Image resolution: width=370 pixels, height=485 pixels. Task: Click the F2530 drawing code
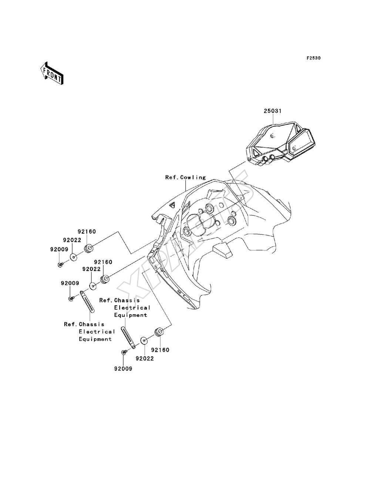(313, 58)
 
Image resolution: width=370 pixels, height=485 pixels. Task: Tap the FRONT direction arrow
(52, 73)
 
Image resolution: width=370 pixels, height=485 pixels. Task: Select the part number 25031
(273, 111)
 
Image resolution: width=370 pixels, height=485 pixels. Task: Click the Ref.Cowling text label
(185, 177)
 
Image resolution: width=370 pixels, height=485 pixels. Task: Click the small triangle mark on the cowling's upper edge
(172, 205)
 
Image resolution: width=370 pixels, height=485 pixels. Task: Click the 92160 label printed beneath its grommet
(160, 350)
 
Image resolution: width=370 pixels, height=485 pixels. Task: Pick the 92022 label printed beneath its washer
(145, 358)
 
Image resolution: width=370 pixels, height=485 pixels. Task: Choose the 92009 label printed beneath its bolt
(123, 369)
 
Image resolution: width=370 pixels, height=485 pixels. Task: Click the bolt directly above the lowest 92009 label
(124, 352)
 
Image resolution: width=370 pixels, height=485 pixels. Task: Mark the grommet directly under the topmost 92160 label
(89, 248)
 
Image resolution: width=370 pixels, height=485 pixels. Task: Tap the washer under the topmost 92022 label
(74, 257)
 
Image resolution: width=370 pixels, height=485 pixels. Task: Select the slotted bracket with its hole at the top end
(87, 302)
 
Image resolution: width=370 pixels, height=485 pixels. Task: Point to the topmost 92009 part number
(59, 249)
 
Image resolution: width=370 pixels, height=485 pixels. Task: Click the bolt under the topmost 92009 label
(60, 264)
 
